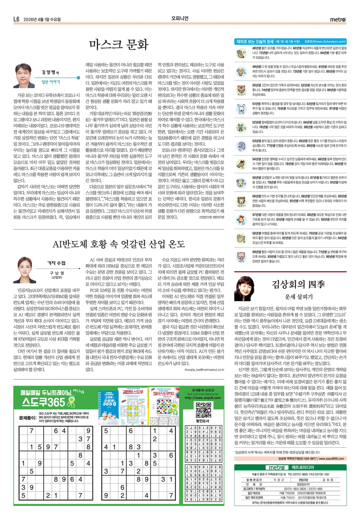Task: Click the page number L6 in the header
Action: pos(16,19)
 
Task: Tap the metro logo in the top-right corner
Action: pos(338,20)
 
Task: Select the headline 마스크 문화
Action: pos(119,45)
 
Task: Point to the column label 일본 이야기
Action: pos(51,82)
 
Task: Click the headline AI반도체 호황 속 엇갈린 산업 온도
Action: pos(118,244)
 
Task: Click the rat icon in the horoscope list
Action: pos(241,53)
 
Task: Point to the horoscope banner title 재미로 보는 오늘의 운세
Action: pos(255,41)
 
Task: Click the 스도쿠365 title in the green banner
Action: pos(44,402)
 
